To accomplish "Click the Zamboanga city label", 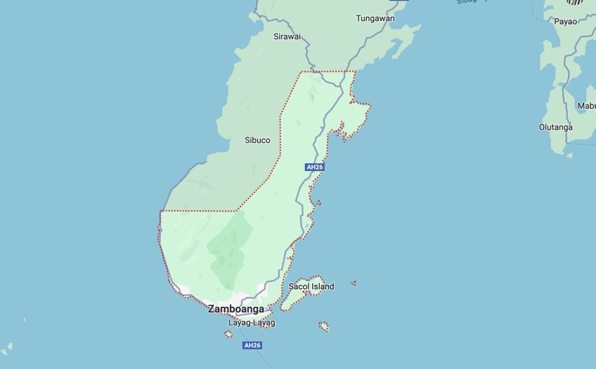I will pos(236,309).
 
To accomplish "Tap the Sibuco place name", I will pos(257,140).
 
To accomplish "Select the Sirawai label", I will pos(287,36).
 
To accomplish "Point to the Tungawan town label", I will pos(375,18).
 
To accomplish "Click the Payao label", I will pos(565,22).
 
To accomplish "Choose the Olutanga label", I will pos(555,127).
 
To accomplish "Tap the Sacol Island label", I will pos(311,286).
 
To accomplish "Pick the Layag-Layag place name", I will pos(252,323).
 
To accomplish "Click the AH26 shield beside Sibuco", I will pos(315,167).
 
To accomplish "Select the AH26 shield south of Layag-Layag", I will pos(252,345).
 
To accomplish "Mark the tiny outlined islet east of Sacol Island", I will pos(353,283).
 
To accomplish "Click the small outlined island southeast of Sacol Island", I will pos(324,326).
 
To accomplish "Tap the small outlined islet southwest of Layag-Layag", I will pos(229,334).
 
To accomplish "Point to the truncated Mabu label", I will pos(586,106).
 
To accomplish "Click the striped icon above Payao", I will pos(575,2).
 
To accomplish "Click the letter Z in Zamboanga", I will pos(212,309).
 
